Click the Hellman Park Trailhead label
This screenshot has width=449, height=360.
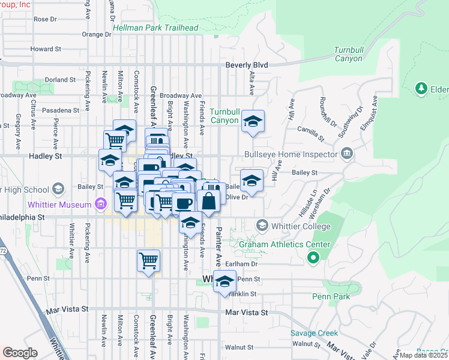click(x=155, y=28)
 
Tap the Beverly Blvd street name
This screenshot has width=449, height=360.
click(x=246, y=65)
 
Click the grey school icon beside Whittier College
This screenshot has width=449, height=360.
click(x=262, y=226)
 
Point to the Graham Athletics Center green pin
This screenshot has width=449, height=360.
click(x=312, y=259)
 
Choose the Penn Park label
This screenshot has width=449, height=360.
click(x=330, y=296)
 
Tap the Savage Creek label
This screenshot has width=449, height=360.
click(x=310, y=333)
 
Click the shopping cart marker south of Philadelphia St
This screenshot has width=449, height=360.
click(x=148, y=261)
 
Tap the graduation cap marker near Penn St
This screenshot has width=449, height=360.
click(x=224, y=281)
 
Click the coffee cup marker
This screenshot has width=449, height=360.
click(x=184, y=203)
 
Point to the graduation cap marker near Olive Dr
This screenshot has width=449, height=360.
click(x=252, y=181)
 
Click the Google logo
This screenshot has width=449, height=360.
click(x=20, y=353)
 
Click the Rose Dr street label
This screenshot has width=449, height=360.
click(x=45, y=19)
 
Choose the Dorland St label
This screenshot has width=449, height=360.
click(x=61, y=79)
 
